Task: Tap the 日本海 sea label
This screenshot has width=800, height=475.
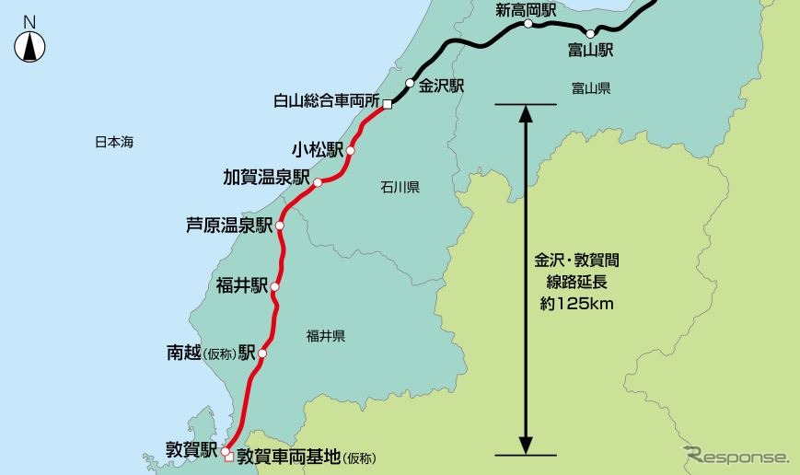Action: [x=115, y=143]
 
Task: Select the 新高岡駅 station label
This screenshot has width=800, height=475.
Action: [x=526, y=10]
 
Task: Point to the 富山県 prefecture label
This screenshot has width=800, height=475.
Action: [x=591, y=88]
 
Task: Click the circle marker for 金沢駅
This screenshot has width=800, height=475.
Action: [x=411, y=83]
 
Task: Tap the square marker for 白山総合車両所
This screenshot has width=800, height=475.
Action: [x=388, y=104]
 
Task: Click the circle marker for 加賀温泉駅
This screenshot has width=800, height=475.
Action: [x=318, y=183]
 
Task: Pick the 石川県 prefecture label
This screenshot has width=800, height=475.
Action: [x=400, y=188]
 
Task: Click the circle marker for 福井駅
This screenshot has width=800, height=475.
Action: [x=274, y=287]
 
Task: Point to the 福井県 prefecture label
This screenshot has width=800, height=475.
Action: [x=326, y=337]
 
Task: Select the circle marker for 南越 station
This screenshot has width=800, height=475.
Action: [x=262, y=353]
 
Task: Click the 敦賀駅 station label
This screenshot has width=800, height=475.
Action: [x=191, y=450]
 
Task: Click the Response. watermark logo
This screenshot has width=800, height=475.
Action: [x=736, y=456]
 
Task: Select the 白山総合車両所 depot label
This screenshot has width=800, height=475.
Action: [x=327, y=101]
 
